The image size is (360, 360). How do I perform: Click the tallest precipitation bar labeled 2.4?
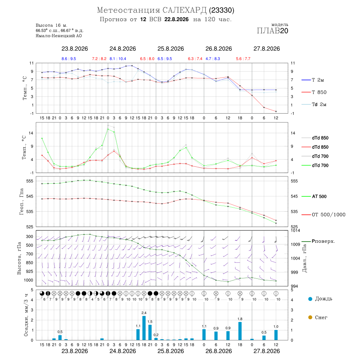pyautogui.click(x=144, y=328)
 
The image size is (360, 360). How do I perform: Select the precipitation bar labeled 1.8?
pyautogui.click(x=240, y=331)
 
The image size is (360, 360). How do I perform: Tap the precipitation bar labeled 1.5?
pyautogui.click(x=150, y=332)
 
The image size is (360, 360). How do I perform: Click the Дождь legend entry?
pyautogui.click(x=320, y=299)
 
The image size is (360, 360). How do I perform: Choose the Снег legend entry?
pyautogui.click(x=318, y=317)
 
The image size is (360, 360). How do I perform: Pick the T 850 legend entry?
pyautogui.click(x=314, y=92)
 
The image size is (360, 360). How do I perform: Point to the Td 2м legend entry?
pyautogui.click(x=314, y=104)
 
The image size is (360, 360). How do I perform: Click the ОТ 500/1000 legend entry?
pyautogui.click(x=324, y=214)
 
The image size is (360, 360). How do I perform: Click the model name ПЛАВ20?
pyautogui.click(x=272, y=31)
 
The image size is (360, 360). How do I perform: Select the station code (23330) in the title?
pyautogui.click(x=222, y=10)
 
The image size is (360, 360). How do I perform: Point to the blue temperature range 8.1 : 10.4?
pyautogui.click(x=118, y=59)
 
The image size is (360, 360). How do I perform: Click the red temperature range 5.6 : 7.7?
pyautogui.click(x=243, y=59)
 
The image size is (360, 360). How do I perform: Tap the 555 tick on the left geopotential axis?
pyautogui.click(x=30, y=181)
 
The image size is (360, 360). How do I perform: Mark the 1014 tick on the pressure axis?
pyautogui.click(x=296, y=230)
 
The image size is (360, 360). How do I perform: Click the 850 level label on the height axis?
pyautogui.click(x=29, y=263)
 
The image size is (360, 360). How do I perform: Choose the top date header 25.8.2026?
pyautogui.click(x=170, y=49)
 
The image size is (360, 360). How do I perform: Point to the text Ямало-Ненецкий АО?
pyautogui.click(x=59, y=36)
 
